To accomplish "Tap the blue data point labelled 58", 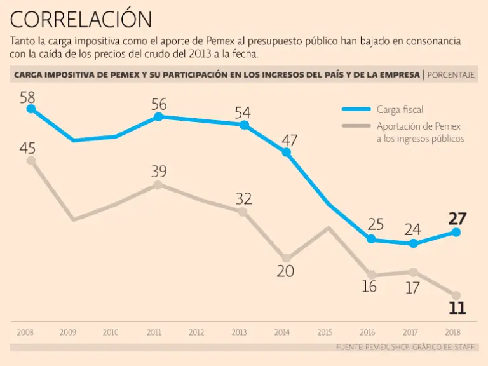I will point(30,109).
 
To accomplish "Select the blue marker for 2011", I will point(159,116).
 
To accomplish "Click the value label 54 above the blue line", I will point(243,113).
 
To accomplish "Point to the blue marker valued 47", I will point(287,152).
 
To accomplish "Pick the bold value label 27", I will point(457,219).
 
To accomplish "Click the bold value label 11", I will point(457,309).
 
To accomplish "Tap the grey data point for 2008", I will point(30,160).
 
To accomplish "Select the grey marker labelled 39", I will point(159,185).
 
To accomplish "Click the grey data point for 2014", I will point(287,258).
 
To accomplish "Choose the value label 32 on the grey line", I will point(244,198).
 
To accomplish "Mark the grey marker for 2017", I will point(414,272).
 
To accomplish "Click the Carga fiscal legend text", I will point(400,110).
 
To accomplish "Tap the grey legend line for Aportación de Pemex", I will point(356,126).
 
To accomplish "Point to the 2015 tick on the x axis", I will point(325,332).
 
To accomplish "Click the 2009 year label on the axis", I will point(68,332).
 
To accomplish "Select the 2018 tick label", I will point(452,332).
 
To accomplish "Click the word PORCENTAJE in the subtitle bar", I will point(451,75).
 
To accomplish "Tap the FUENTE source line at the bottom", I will point(407,348).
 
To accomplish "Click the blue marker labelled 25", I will point(371,239).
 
